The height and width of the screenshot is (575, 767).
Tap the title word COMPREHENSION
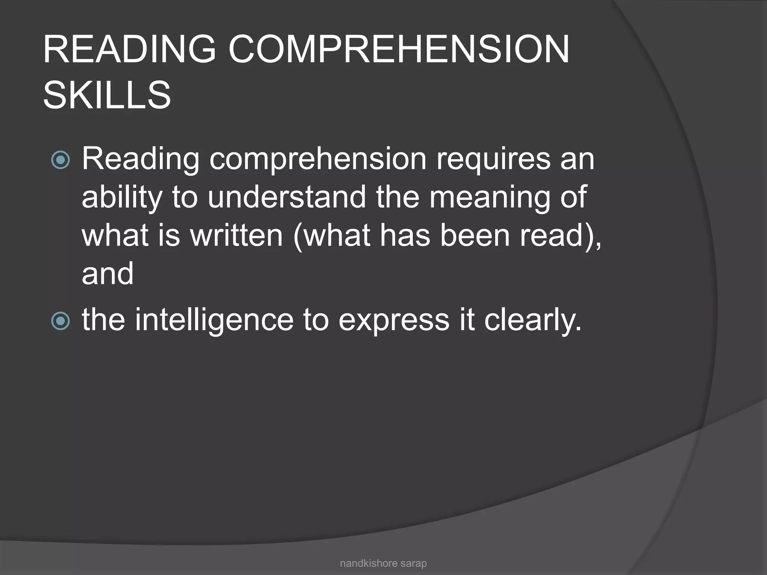pyautogui.click(x=399, y=49)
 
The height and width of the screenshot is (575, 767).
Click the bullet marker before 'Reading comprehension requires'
pyautogui.click(x=61, y=160)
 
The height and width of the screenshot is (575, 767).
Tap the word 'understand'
pyautogui.click(x=287, y=197)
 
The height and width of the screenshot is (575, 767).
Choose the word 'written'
pyautogui.click(x=236, y=235)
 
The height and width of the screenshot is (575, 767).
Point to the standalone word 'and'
pyautogui.click(x=107, y=274)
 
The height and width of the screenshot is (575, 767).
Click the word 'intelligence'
pyautogui.click(x=214, y=321)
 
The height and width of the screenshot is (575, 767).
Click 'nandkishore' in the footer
pyautogui.click(x=368, y=563)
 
